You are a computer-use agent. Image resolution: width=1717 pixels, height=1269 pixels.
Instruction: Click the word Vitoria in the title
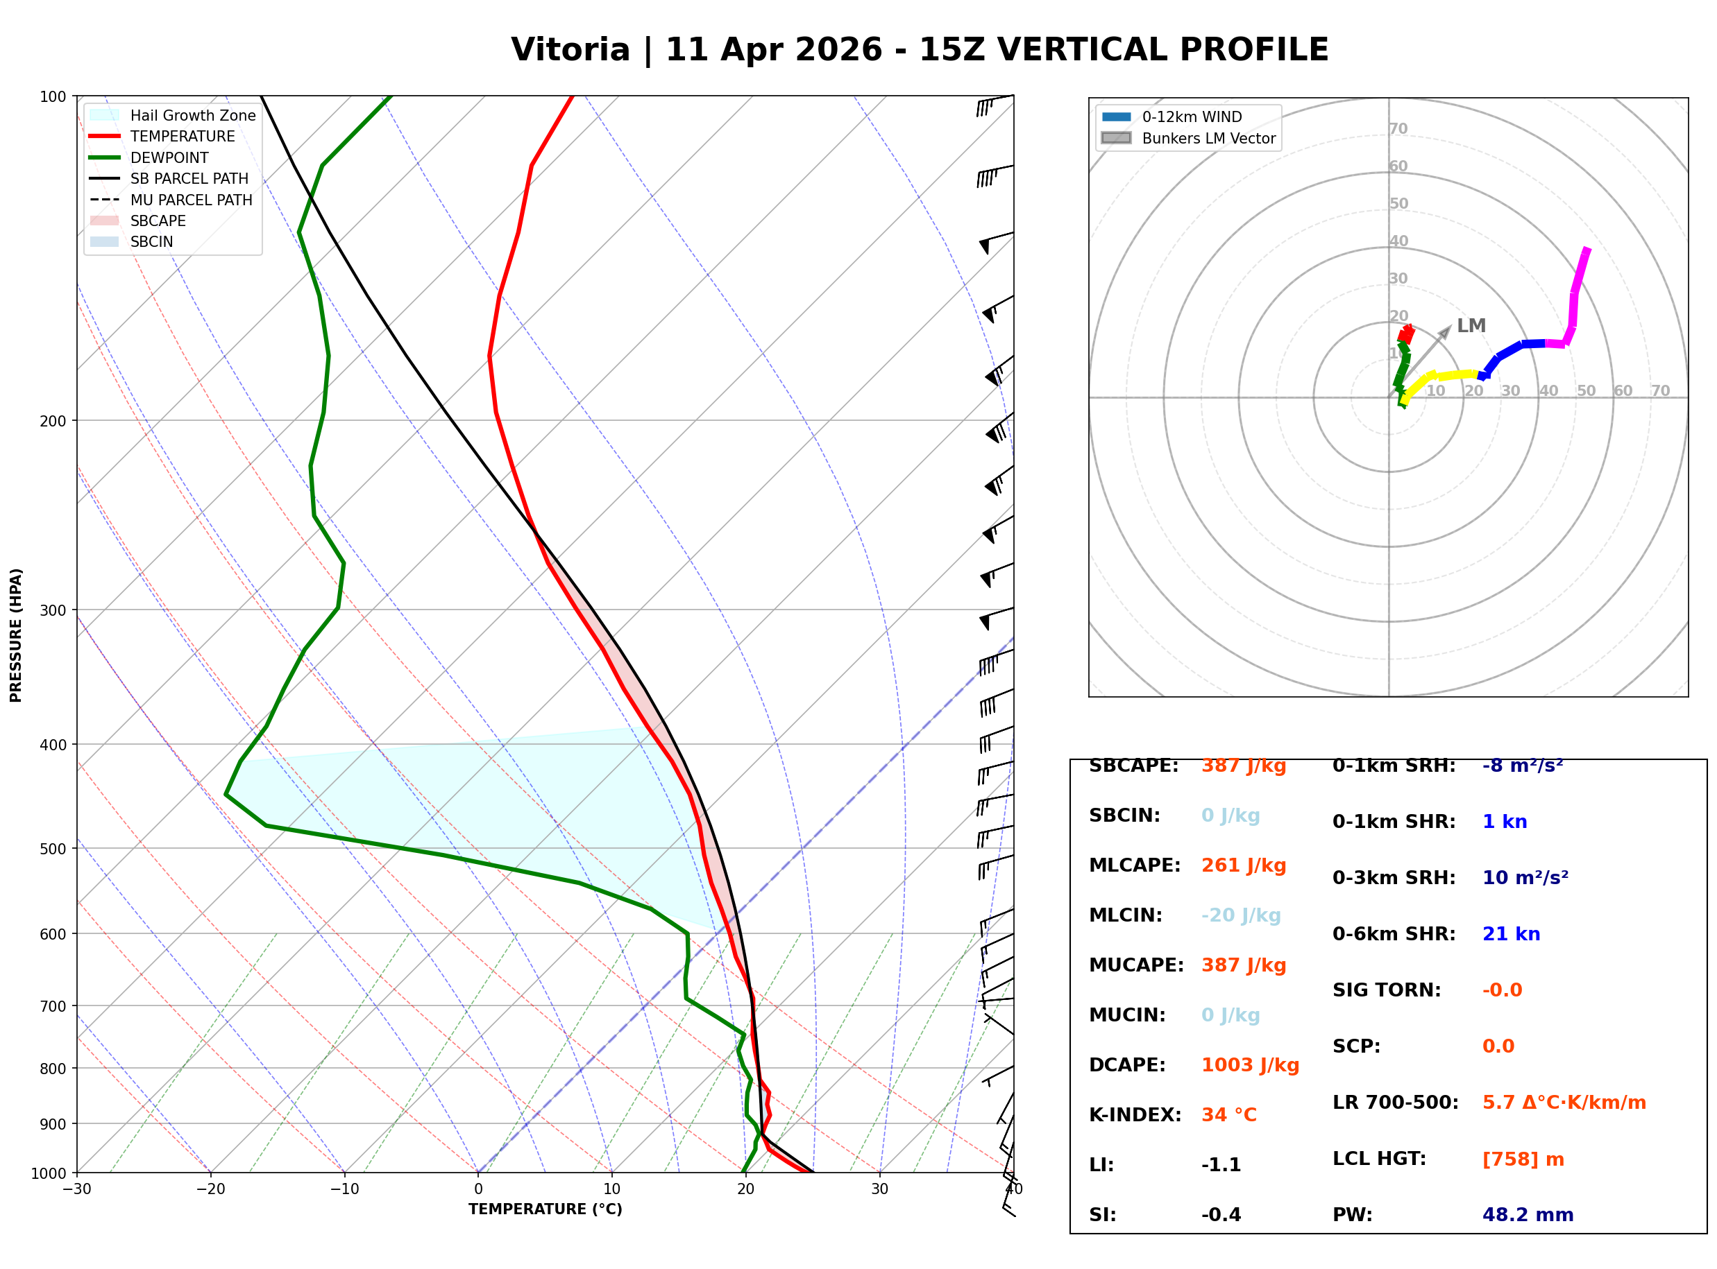click(570, 50)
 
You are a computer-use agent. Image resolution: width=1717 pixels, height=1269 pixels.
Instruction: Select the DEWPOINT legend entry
click(169, 157)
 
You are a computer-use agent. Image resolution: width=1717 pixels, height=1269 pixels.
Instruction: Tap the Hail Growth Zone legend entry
click(192, 115)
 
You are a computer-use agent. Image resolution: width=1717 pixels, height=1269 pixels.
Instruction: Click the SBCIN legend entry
click(151, 241)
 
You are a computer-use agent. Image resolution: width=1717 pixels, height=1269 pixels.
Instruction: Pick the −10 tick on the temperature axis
click(344, 1189)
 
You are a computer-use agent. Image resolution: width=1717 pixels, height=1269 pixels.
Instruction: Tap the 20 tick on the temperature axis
click(745, 1189)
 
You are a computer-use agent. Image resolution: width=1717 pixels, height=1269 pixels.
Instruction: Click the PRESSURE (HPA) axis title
click(16, 635)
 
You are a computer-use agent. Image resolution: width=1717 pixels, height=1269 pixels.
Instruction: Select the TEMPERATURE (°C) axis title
click(545, 1209)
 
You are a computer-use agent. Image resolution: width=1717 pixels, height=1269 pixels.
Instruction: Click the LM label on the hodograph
click(1471, 326)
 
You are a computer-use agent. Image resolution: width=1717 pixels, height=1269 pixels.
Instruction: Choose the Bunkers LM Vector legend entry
click(1208, 138)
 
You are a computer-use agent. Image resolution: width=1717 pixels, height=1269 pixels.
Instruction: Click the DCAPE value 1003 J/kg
click(1250, 1064)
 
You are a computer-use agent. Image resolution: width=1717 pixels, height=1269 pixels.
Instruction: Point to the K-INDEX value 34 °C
click(1228, 1114)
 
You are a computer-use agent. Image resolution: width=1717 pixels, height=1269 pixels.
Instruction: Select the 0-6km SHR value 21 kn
click(1511, 934)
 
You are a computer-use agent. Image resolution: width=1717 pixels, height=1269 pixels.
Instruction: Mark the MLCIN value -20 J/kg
click(1240, 915)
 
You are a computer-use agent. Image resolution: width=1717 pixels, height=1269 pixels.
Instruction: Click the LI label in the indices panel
click(1101, 1164)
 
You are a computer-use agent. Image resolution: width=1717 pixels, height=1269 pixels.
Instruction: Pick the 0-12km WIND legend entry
click(1192, 116)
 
